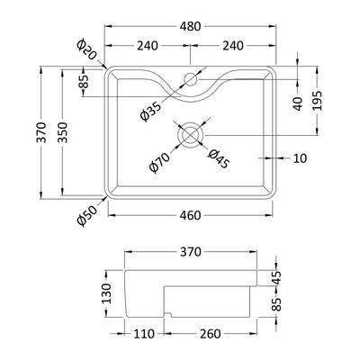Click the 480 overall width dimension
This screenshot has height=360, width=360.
click(190, 26)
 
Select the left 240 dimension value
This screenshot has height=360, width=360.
click(148, 46)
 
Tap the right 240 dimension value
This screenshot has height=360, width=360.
click(233, 46)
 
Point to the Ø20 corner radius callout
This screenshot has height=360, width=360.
click(86, 49)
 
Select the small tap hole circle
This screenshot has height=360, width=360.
click(191, 79)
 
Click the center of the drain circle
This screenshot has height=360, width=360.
click(191, 135)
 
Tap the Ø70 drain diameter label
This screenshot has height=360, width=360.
click(160, 162)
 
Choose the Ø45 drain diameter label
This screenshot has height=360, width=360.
click(220, 158)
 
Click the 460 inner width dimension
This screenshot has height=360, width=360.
click(190, 215)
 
